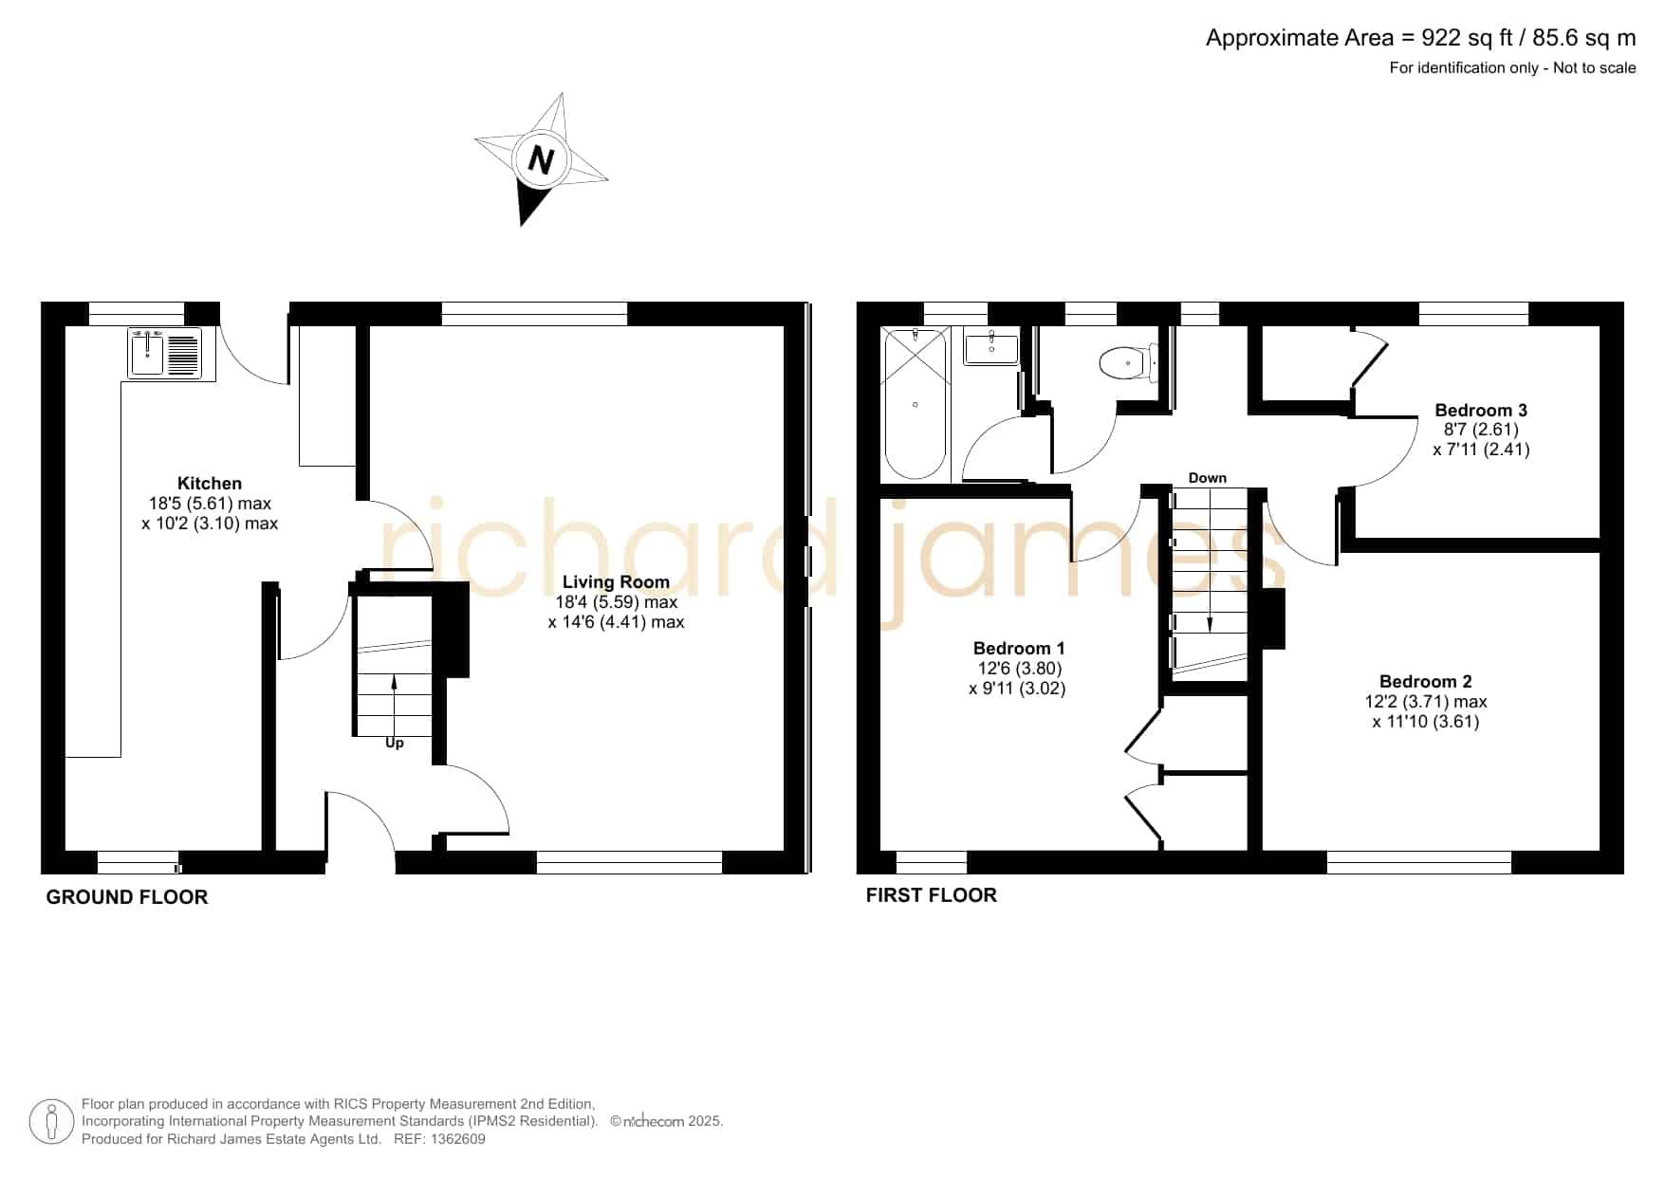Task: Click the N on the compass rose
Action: point(541,159)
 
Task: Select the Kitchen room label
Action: point(210,483)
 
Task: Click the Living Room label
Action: point(616,581)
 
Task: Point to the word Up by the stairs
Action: point(395,743)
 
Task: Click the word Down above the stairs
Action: point(1207,478)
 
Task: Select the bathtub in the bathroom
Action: point(916,404)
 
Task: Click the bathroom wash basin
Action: point(991,346)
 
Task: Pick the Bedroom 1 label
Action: point(1019,649)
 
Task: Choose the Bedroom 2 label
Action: point(1425,681)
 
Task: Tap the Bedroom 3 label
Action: point(1481,410)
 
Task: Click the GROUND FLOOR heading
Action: point(127,897)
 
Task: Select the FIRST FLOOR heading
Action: point(932,895)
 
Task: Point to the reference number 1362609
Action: point(459,1139)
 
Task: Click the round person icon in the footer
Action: point(51,1122)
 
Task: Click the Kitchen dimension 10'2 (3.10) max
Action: point(210,524)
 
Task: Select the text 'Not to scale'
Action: point(1595,67)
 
